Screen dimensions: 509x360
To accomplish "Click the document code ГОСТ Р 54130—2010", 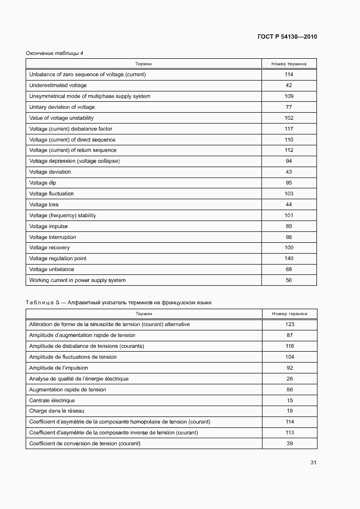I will tap(286, 37).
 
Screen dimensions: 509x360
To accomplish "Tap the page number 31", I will tap(313, 463).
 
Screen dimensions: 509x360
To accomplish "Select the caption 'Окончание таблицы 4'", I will tap(54, 53).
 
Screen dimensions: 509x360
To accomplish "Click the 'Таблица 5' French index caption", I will tap(119, 302).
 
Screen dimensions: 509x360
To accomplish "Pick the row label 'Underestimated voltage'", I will tap(58, 85).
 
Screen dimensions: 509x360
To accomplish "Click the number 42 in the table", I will tap(289, 85).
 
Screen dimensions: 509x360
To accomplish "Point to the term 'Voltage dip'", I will tap(42, 183).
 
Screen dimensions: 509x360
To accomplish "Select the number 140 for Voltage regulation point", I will tap(289, 259).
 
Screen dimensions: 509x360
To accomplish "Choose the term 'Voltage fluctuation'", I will tap(51, 194).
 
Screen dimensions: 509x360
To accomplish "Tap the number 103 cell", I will tap(289, 194).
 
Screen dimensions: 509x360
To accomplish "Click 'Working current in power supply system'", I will tap(77, 280).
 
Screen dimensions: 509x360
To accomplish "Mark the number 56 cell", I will tap(289, 280).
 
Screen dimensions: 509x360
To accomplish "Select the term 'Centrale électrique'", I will tap(52, 400).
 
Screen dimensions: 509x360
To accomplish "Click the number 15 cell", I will tap(289, 400).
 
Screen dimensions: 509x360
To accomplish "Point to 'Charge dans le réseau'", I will tap(57, 411).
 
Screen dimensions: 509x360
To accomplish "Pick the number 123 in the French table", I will tap(289, 324).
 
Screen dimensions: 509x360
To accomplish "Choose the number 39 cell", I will tap(289, 444).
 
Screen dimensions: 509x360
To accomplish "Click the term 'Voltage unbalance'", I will tap(51, 269).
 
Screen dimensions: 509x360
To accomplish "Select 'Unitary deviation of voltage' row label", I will tap(62, 107).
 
